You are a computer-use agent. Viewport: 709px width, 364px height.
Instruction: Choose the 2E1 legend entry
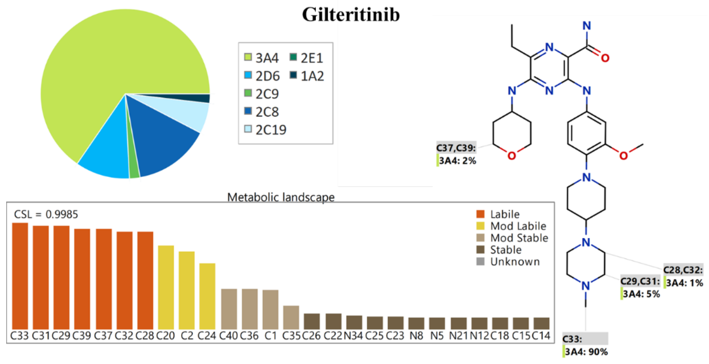tap(307, 58)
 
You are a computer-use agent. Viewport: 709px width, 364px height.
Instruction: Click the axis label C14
tap(541, 336)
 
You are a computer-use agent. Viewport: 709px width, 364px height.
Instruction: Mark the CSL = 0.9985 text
tap(46, 214)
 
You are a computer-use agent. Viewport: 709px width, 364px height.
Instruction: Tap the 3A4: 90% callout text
tap(586, 352)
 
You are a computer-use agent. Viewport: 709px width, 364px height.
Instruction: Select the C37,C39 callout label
tap(456, 148)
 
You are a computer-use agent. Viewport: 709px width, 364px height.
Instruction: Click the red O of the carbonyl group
tap(605, 58)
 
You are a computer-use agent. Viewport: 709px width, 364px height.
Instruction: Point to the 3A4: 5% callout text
tap(641, 294)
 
